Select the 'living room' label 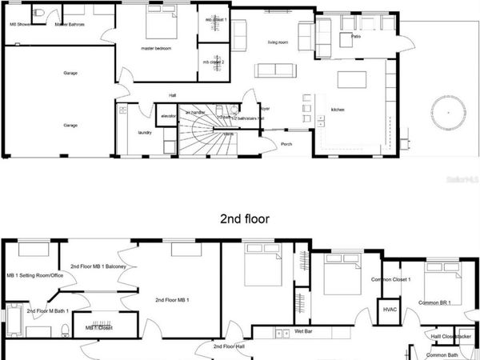278,42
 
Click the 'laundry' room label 145,133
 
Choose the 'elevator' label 169,117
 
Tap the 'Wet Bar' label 303,331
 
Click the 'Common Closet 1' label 391,280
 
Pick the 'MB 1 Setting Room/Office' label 34,276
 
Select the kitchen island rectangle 352,80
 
